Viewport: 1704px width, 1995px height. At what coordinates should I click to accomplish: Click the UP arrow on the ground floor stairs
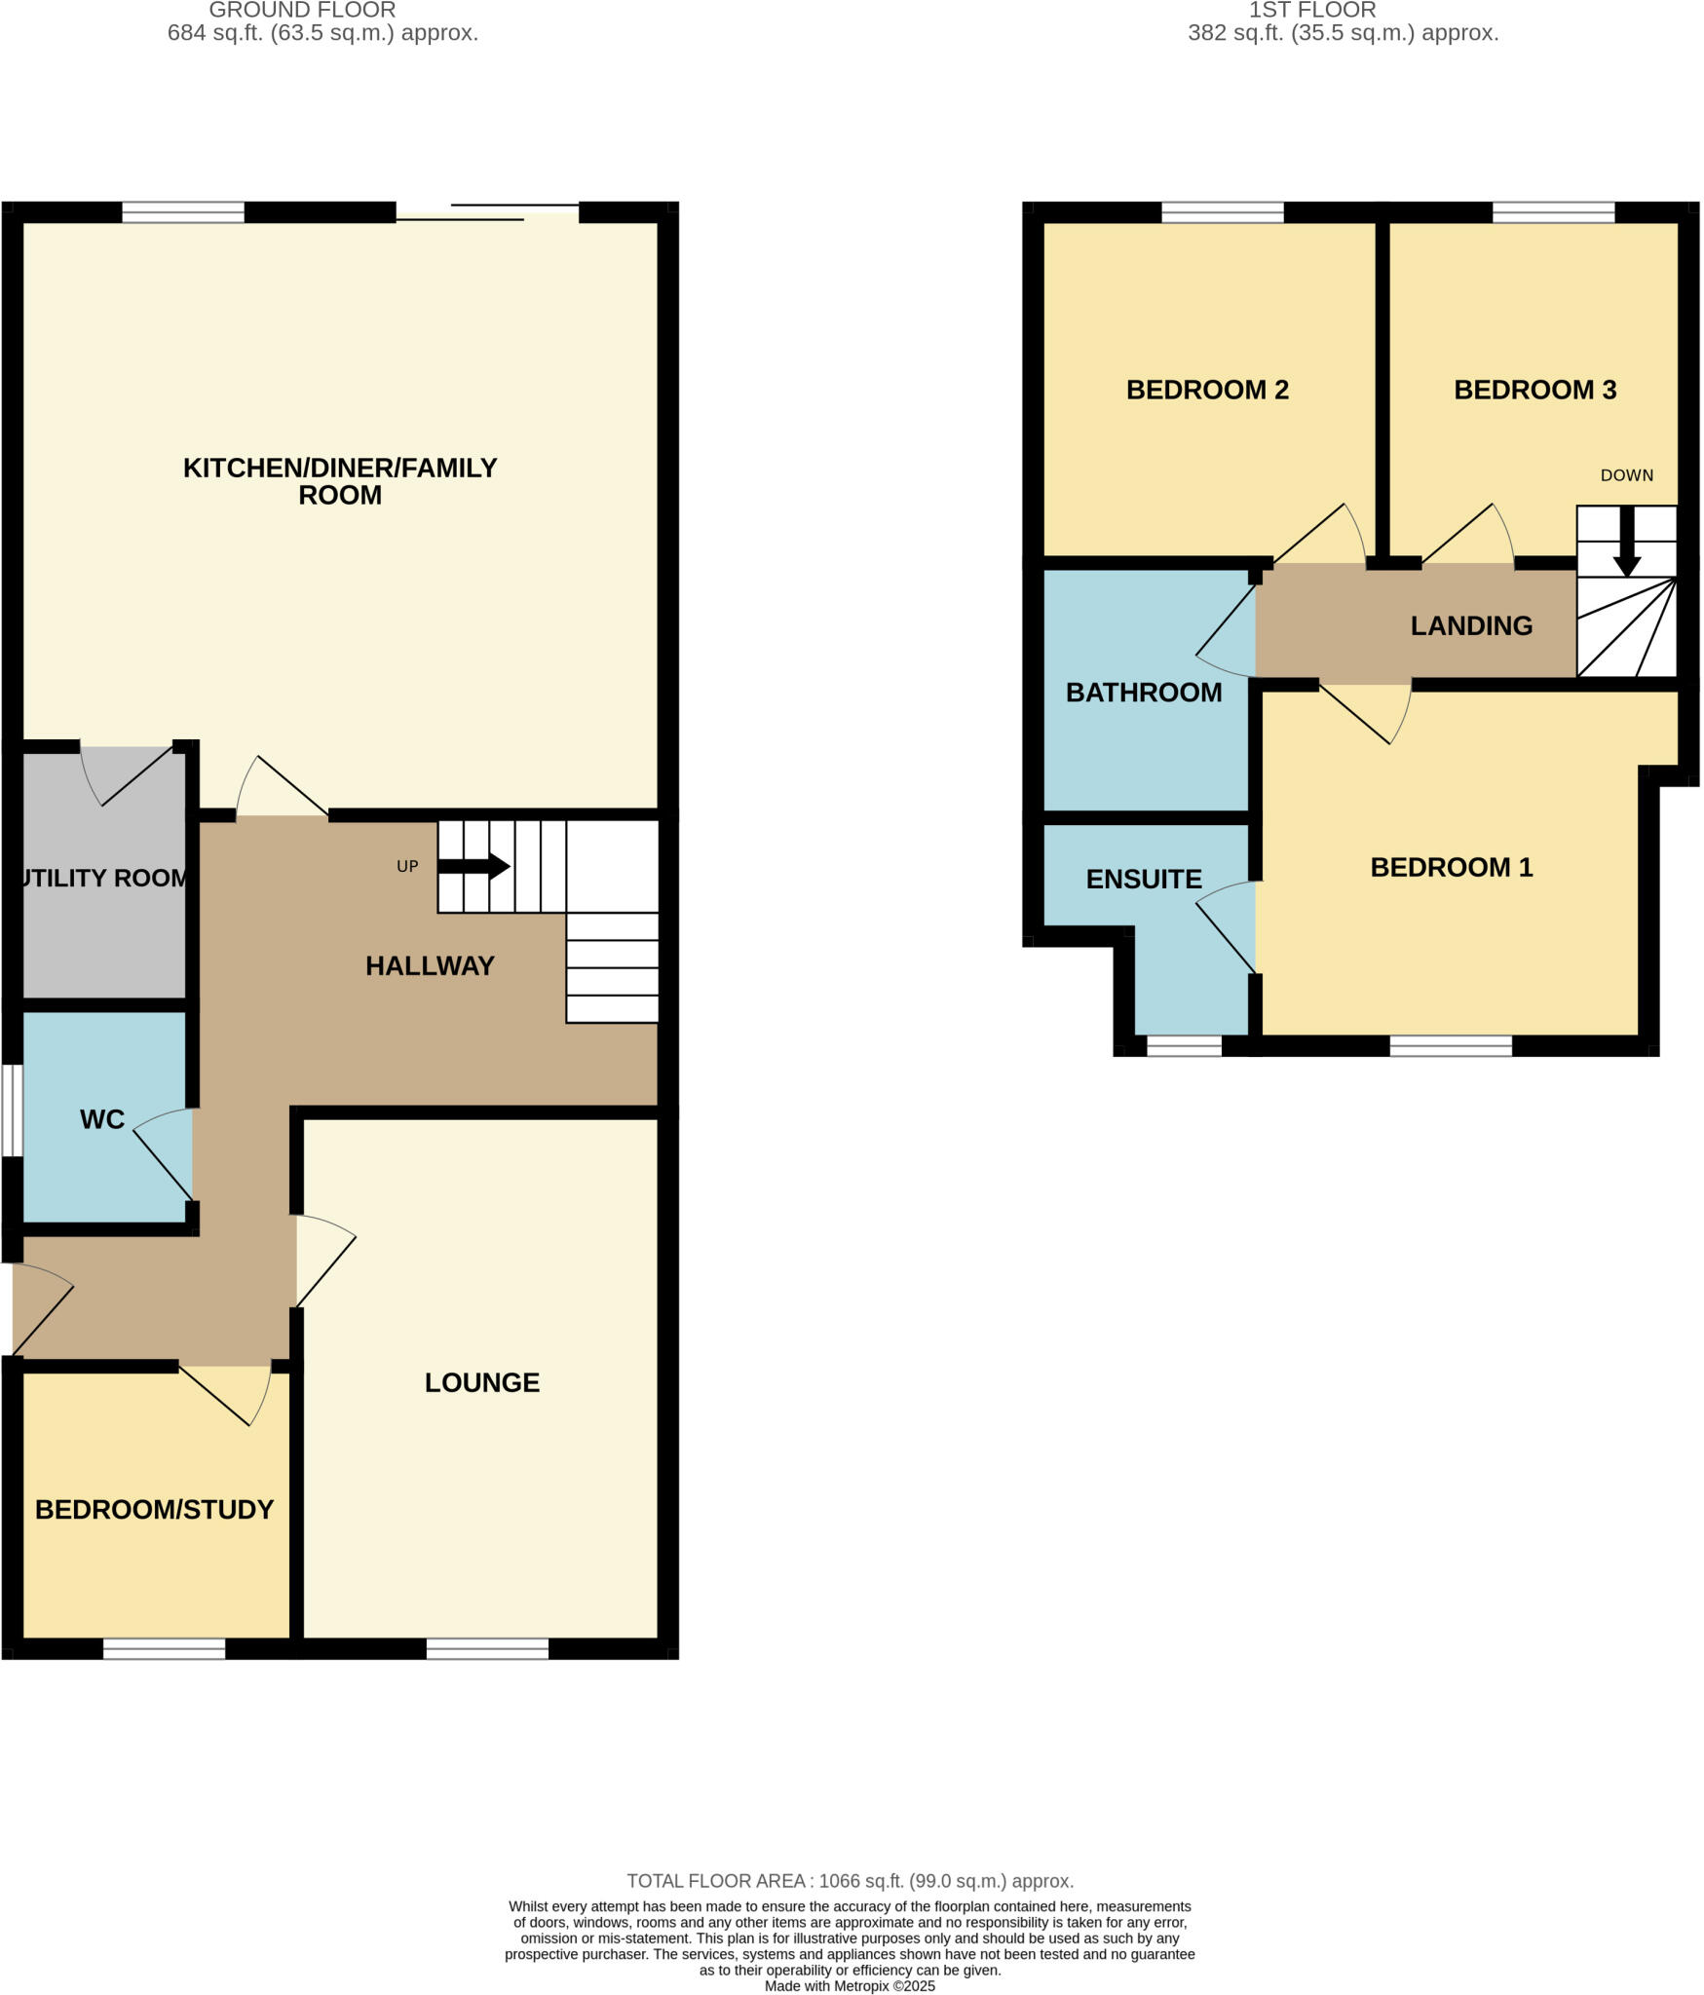pos(474,866)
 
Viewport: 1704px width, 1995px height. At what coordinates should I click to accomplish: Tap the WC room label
pos(102,1119)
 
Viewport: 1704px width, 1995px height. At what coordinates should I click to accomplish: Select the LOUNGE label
pos(481,1382)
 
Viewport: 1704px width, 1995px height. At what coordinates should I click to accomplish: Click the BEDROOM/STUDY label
pos(154,1509)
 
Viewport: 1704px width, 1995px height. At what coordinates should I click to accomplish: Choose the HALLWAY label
pos(430,965)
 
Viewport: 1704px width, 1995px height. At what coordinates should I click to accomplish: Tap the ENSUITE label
pos(1143,879)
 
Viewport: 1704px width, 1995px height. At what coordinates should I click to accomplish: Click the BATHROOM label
pos(1143,693)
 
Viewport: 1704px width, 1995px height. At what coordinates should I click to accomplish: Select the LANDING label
pos(1471,625)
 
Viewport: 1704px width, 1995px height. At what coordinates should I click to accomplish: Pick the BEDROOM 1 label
pos(1451,867)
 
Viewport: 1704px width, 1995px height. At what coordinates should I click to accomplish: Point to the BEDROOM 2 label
pos(1207,390)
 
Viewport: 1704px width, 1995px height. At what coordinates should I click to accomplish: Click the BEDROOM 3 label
pos(1534,390)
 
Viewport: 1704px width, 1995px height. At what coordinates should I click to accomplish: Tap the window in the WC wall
pos(11,1110)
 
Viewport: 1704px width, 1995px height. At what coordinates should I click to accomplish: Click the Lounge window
pos(487,1648)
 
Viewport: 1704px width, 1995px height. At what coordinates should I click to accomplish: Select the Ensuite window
pos(1184,1045)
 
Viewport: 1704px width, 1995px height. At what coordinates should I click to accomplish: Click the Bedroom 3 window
pos(1553,211)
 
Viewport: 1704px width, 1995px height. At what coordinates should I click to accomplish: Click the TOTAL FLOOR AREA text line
pos(850,1880)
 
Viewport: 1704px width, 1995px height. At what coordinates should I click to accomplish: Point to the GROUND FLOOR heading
pos(302,11)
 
